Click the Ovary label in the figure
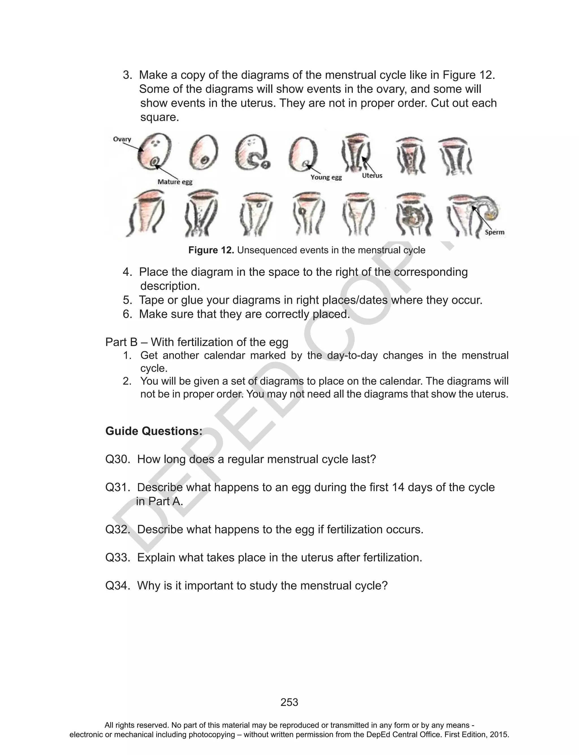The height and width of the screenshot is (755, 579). tap(122, 139)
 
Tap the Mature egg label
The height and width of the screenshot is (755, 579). tap(175, 182)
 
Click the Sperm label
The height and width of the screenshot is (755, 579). tap(494, 232)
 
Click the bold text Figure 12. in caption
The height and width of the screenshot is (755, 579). tap(211, 250)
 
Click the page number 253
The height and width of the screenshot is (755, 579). tap(289, 702)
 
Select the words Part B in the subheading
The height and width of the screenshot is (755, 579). tap(121, 342)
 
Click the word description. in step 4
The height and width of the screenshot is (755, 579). tap(170, 286)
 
